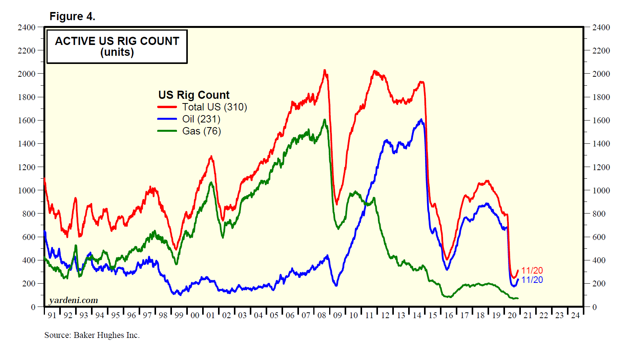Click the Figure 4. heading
pyautogui.click(x=72, y=17)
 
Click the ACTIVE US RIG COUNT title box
pyautogui.click(x=117, y=47)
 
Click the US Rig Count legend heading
pyautogui.click(x=194, y=95)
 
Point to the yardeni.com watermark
pyautogui.click(x=74, y=300)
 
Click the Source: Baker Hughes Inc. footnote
pyautogui.click(x=92, y=335)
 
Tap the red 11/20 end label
pyautogui.click(x=532, y=270)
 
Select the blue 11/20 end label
pyautogui.click(x=532, y=280)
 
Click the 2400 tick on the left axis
pyautogui.click(x=26, y=28)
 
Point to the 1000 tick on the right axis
pyautogui.click(x=601, y=191)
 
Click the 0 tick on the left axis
pyautogui.click(x=33, y=307)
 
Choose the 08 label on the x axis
pyautogui.click(x=322, y=315)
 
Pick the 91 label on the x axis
pyautogui.click(x=52, y=315)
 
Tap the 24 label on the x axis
pyautogui.click(x=575, y=315)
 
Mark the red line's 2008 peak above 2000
pyautogui.click(x=325, y=71)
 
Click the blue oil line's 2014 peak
pyautogui.click(x=421, y=120)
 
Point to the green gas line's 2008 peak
pyautogui.click(x=325, y=120)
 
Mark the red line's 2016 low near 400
pyautogui.click(x=447, y=259)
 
